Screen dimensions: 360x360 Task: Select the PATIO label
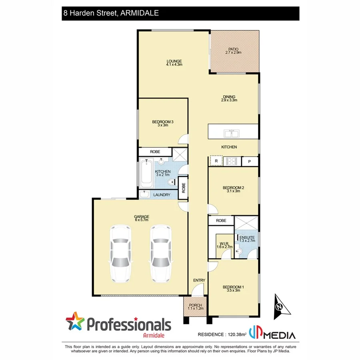click(x=233, y=50)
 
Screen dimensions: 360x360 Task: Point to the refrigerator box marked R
click(x=216, y=161)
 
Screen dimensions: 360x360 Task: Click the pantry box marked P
click(x=250, y=161)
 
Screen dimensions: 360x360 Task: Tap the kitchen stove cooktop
click(x=232, y=161)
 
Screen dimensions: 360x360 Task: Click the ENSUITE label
click(x=247, y=238)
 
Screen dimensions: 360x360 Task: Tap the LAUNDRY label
click(x=162, y=195)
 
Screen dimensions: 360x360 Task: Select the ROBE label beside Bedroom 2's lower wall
click(x=221, y=220)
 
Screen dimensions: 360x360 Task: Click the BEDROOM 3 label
click(x=162, y=122)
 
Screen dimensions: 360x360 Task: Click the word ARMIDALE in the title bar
click(x=137, y=13)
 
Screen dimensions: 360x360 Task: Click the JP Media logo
click(x=272, y=334)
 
